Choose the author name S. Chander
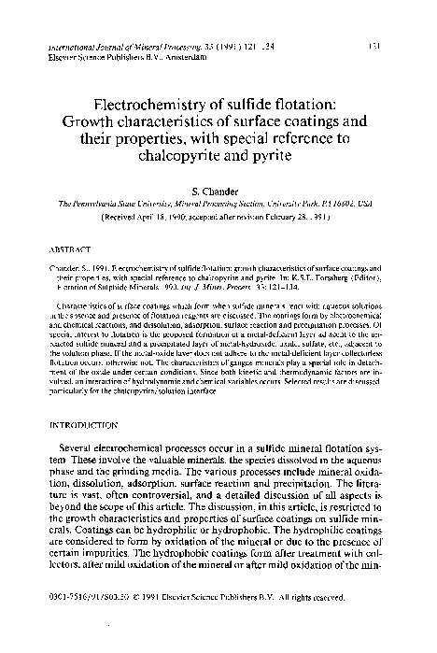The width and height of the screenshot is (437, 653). coord(218,190)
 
